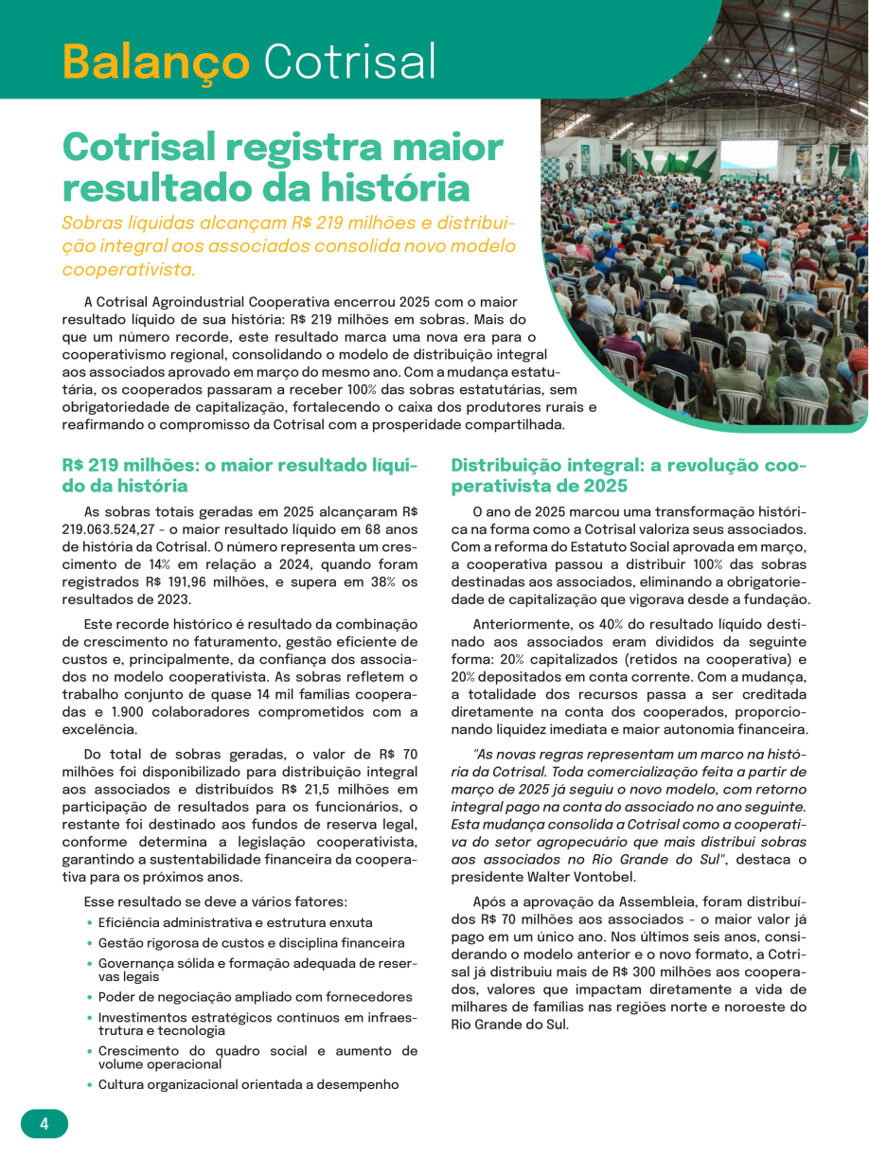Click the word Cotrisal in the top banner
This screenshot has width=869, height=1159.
(349, 62)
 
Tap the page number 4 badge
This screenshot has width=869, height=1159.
(44, 1124)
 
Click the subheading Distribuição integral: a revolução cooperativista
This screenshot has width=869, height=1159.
(628, 475)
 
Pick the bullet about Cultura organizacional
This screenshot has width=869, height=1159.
(248, 1084)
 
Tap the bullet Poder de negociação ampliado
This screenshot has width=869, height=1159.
(255, 996)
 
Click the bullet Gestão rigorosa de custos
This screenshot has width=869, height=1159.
(251, 942)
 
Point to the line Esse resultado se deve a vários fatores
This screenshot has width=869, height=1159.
(216, 900)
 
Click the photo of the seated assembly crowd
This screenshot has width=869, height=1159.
(719, 265)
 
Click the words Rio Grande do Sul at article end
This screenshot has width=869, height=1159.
(510, 1024)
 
